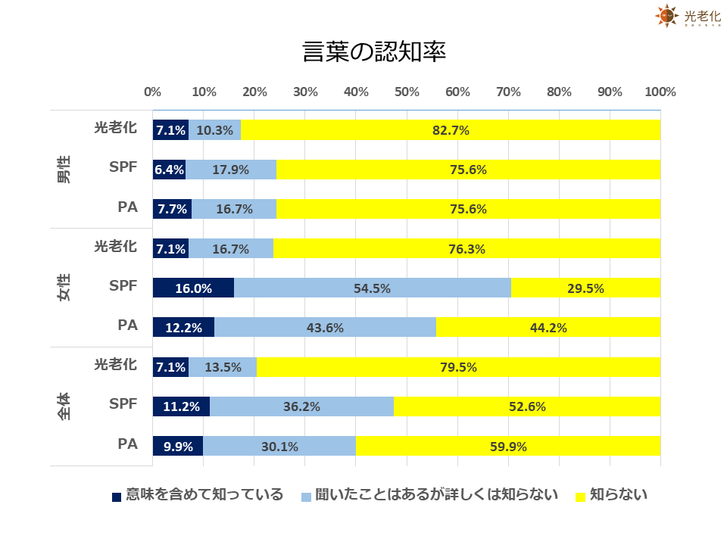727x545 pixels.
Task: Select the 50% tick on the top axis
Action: pyautogui.click(x=407, y=92)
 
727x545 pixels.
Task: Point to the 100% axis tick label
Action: pyautogui.click(x=660, y=92)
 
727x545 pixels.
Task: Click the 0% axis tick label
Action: pyautogui.click(x=152, y=92)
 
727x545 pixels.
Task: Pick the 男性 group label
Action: pyautogui.click(x=64, y=169)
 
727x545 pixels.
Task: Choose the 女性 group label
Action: pyautogui.click(x=64, y=288)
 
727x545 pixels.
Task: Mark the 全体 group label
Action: pyautogui.click(x=64, y=406)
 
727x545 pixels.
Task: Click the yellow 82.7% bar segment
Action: pyautogui.click(x=451, y=130)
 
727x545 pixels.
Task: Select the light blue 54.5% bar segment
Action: pyautogui.click(x=373, y=288)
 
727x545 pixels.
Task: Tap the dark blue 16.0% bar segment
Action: pyautogui.click(x=193, y=288)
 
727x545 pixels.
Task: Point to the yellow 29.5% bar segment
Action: pyautogui.click(x=585, y=288)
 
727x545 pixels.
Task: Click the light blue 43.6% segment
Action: pyautogui.click(x=325, y=328)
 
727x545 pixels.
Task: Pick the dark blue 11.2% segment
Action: pyautogui.click(x=181, y=406)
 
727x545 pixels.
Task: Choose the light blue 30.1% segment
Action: pyautogui.click(x=279, y=446)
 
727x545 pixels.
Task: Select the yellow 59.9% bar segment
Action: pyautogui.click(x=508, y=446)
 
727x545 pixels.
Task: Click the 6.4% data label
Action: pyautogui.click(x=169, y=170)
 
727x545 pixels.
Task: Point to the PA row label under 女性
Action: pyautogui.click(x=127, y=325)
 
